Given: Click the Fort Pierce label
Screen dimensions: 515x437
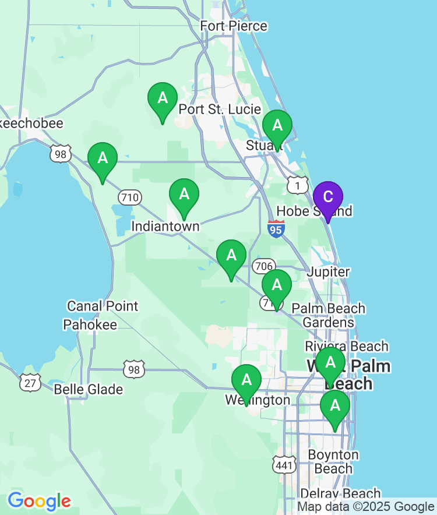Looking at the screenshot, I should tap(234, 26).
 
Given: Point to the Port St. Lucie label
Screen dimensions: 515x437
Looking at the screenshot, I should tap(220, 109).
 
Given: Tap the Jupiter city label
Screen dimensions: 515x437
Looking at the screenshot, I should tap(329, 271).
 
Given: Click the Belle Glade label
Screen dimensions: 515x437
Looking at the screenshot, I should tap(89, 389).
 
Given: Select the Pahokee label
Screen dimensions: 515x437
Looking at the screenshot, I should tap(90, 324).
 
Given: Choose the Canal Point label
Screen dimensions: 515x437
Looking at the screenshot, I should tap(103, 306).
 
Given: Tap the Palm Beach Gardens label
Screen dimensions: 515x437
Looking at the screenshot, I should tap(329, 315).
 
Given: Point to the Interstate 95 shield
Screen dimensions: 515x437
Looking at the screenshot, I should tap(277, 229).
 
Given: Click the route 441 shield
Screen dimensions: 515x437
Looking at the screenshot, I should tap(284, 464).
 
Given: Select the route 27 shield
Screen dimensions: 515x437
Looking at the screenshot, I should tap(30, 382).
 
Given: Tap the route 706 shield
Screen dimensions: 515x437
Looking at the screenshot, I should tap(264, 266).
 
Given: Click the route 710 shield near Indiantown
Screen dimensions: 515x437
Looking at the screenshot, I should tap(129, 197).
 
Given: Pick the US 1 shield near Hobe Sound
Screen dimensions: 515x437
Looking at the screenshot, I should tap(298, 185).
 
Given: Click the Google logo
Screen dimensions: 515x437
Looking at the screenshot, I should tap(39, 500).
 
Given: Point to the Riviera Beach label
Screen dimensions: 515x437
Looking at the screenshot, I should tap(347, 346).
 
